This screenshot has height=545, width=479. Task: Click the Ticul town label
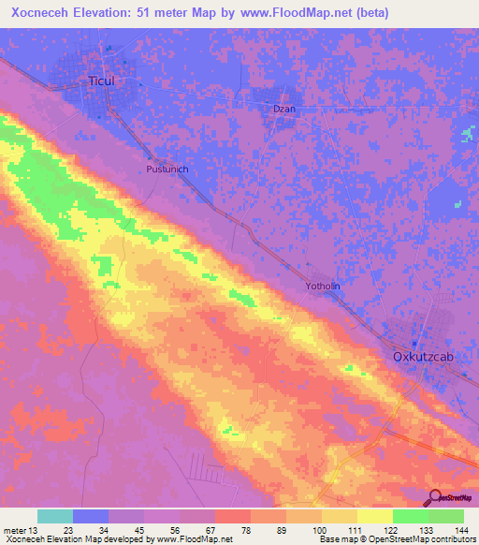click(101, 81)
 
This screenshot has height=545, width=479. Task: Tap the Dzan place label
click(283, 109)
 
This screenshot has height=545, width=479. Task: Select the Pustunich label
click(168, 169)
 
